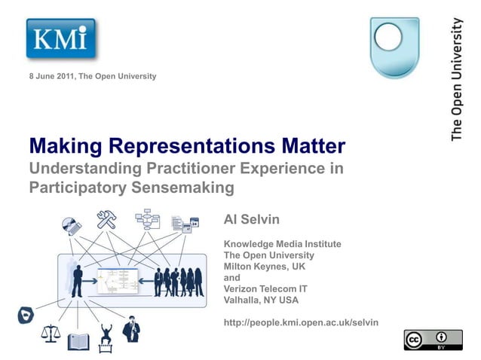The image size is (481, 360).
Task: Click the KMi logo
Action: (61, 38)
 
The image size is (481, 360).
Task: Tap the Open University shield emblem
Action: (394, 47)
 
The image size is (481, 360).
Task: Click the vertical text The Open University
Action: (457, 79)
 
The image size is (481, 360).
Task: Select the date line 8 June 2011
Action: (93, 77)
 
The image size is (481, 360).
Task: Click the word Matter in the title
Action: (310, 145)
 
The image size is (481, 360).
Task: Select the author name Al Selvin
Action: (252, 219)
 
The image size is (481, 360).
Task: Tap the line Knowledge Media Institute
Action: (282, 244)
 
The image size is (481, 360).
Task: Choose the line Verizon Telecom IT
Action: (265, 288)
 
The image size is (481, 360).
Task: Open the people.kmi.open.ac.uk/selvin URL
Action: (301, 322)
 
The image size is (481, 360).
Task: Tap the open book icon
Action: (78, 342)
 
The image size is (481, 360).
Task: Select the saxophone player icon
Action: (132, 329)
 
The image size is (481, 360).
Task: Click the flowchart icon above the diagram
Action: (147, 219)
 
